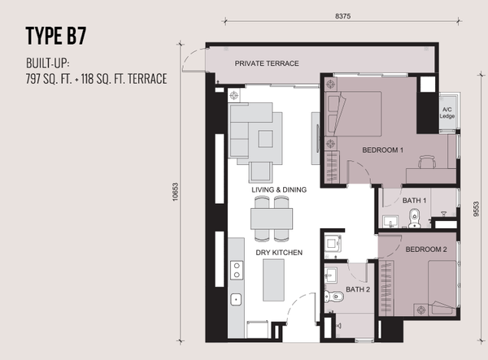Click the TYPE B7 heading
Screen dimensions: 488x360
55,36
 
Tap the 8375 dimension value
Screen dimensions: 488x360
342,16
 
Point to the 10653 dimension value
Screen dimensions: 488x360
175,192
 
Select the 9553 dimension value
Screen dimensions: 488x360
476,209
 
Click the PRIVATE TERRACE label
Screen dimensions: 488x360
267,63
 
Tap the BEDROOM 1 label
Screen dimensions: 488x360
382,150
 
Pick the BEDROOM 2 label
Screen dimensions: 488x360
426,249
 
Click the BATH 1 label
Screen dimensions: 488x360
414,201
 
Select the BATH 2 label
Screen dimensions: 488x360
358,289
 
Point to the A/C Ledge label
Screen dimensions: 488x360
447,113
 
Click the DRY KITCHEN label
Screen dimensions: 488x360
279,253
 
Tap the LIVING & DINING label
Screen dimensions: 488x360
279,189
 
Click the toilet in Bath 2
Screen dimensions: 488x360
333,297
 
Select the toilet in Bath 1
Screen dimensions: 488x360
414,218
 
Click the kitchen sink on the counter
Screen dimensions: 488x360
236,300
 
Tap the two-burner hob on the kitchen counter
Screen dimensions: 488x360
237,270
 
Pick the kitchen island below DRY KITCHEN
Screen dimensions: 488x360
273,280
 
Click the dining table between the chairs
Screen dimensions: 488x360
272,219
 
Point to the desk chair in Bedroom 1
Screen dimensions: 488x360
427,162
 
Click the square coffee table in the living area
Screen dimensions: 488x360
265,139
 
